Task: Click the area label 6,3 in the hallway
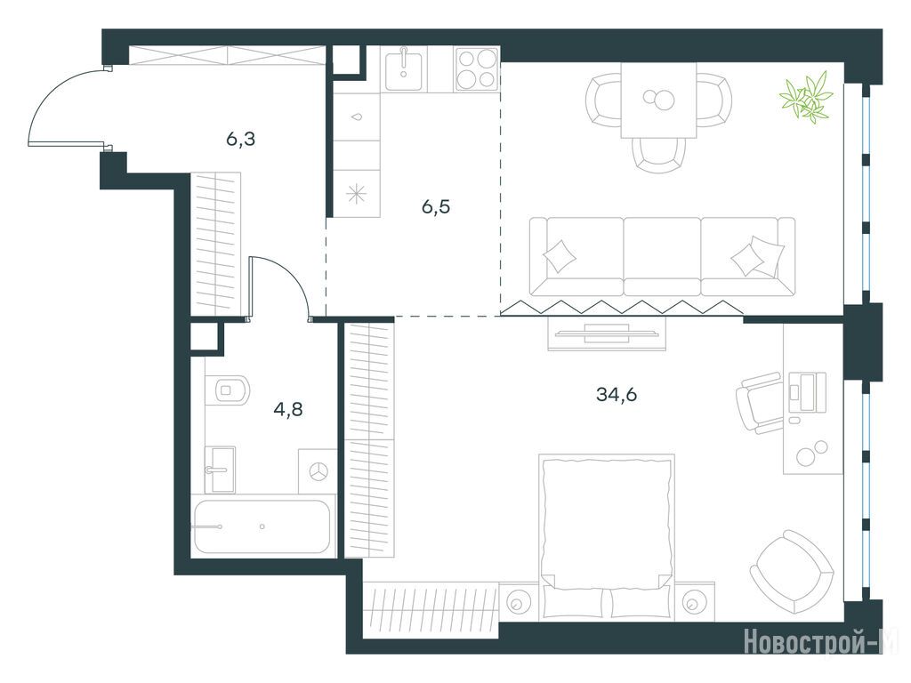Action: (241, 140)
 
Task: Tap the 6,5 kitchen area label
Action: (436, 206)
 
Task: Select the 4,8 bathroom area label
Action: (288, 409)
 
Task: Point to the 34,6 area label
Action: (617, 395)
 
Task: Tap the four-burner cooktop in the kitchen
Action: (477, 69)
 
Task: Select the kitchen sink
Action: (405, 69)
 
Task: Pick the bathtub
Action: (263, 526)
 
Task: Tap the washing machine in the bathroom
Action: (318, 471)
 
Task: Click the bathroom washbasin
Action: (221, 470)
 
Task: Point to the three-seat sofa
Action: (662, 257)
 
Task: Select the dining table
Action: (658, 100)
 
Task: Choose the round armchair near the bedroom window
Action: (791, 571)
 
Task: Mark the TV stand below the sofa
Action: (607, 334)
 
